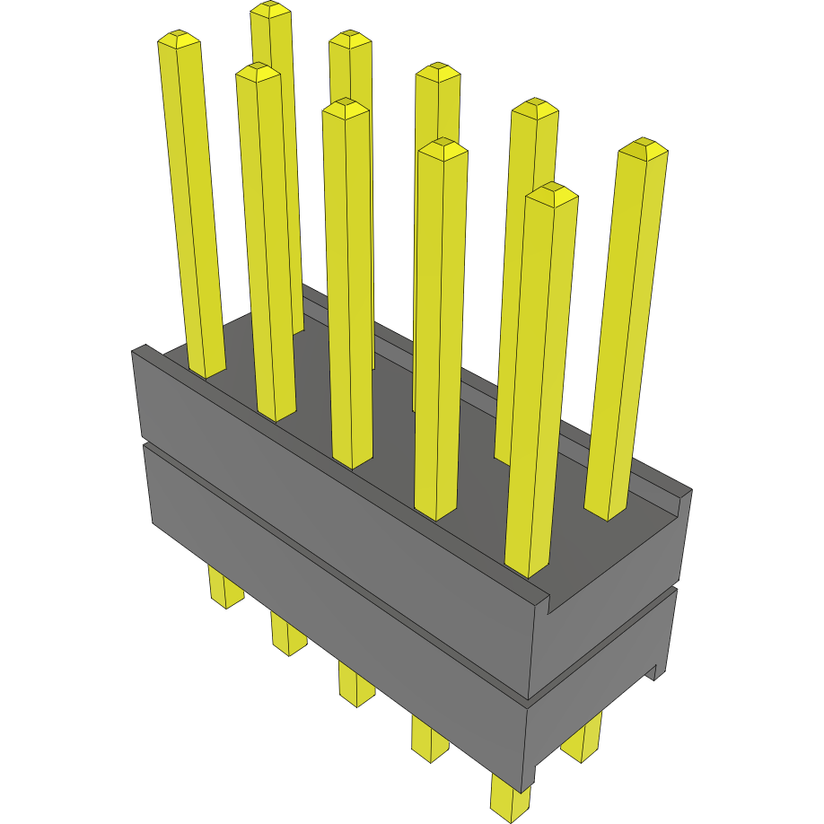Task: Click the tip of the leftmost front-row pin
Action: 179,38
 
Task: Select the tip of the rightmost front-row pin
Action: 551,191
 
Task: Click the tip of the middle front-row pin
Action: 346,106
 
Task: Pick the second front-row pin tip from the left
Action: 258,70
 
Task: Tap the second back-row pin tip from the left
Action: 350,38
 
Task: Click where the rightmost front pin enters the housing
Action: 528,567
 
